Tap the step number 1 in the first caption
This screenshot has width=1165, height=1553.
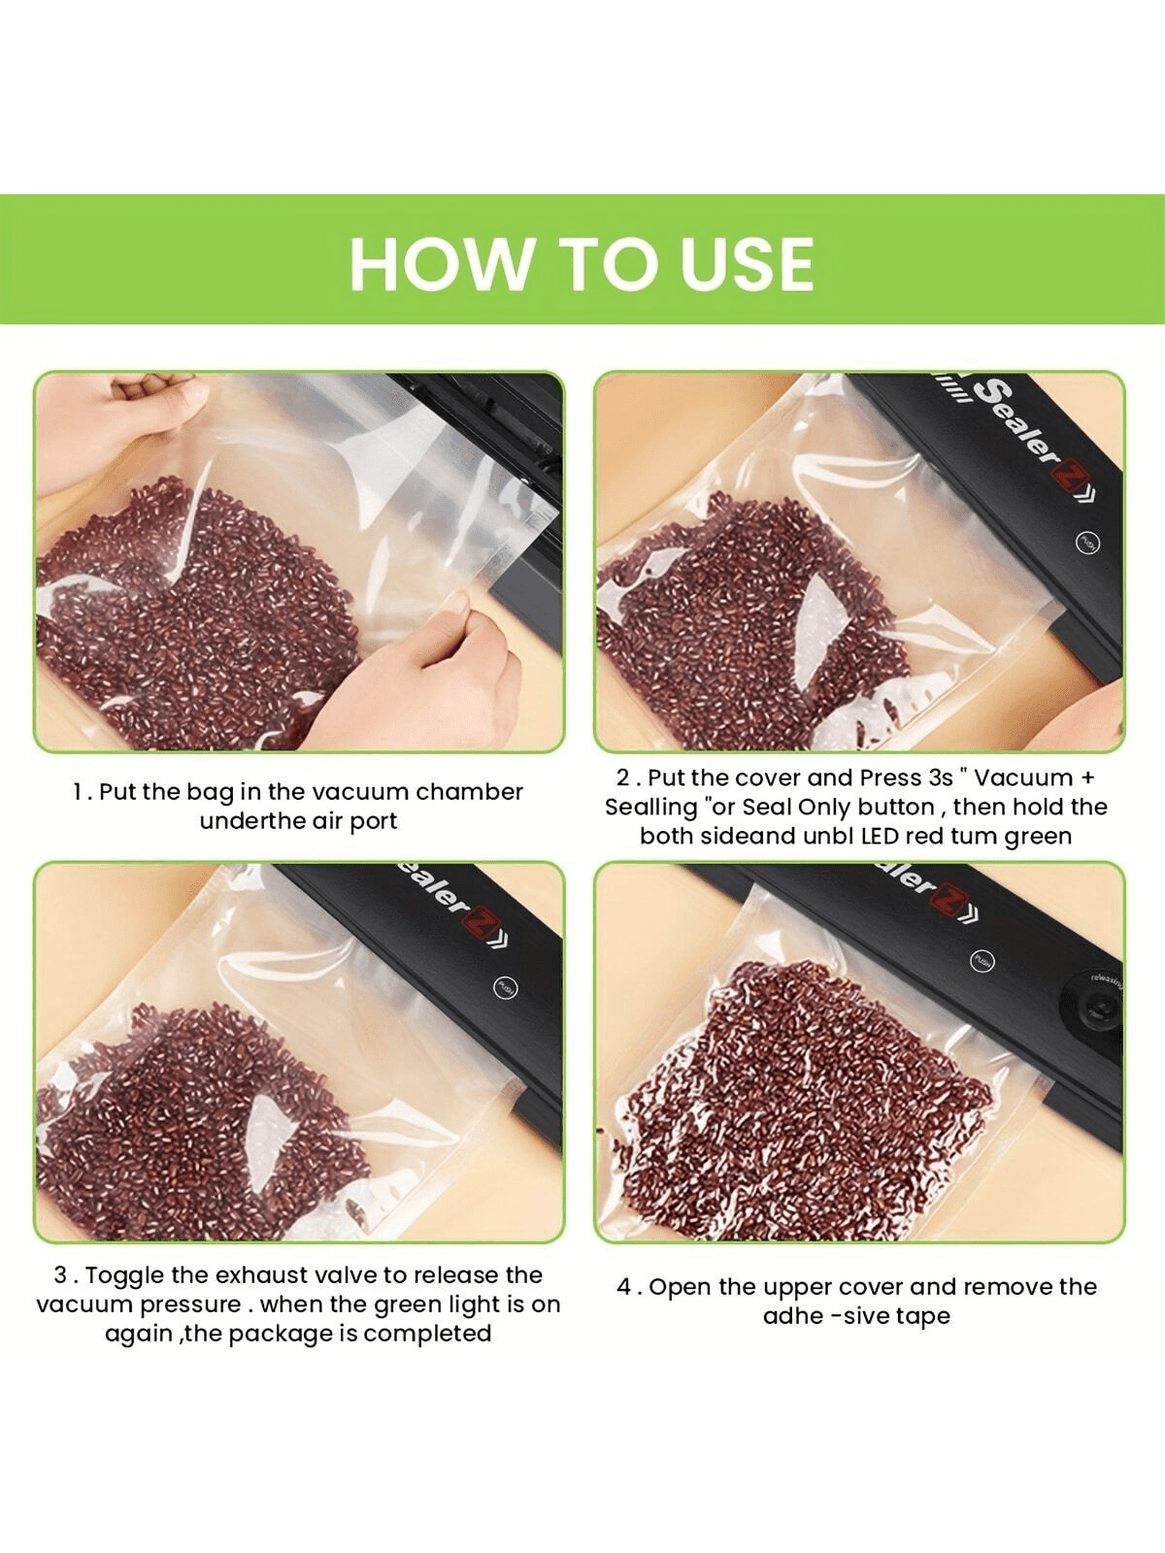click(78, 792)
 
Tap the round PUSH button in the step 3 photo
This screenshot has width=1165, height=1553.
click(505, 986)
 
